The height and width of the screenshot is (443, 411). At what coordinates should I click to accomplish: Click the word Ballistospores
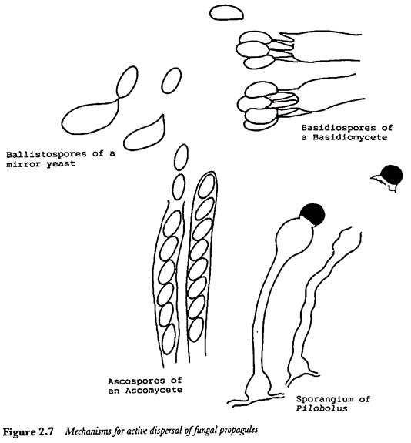[46, 154]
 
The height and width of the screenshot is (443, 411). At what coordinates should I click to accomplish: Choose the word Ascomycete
[154, 391]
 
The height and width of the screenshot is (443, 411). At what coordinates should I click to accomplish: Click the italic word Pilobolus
[322, 408]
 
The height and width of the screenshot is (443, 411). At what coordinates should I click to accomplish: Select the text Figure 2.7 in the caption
[28, 432]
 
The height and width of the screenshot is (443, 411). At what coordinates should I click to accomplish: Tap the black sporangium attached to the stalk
[312, 214]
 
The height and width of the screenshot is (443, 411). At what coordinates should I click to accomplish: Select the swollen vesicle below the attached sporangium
[295, 235]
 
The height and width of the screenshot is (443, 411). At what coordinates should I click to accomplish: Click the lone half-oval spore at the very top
[226, 13]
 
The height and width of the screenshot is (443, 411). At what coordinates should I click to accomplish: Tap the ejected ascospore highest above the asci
[181, 157]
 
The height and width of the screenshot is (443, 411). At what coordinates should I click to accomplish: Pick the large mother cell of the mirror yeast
[90, 116]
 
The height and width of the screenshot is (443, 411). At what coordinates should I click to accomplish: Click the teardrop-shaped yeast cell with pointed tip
[145, 135]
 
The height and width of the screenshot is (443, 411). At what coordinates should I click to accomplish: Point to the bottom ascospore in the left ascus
[169, 339]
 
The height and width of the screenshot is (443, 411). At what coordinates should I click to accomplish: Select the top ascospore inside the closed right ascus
[206, 186]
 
